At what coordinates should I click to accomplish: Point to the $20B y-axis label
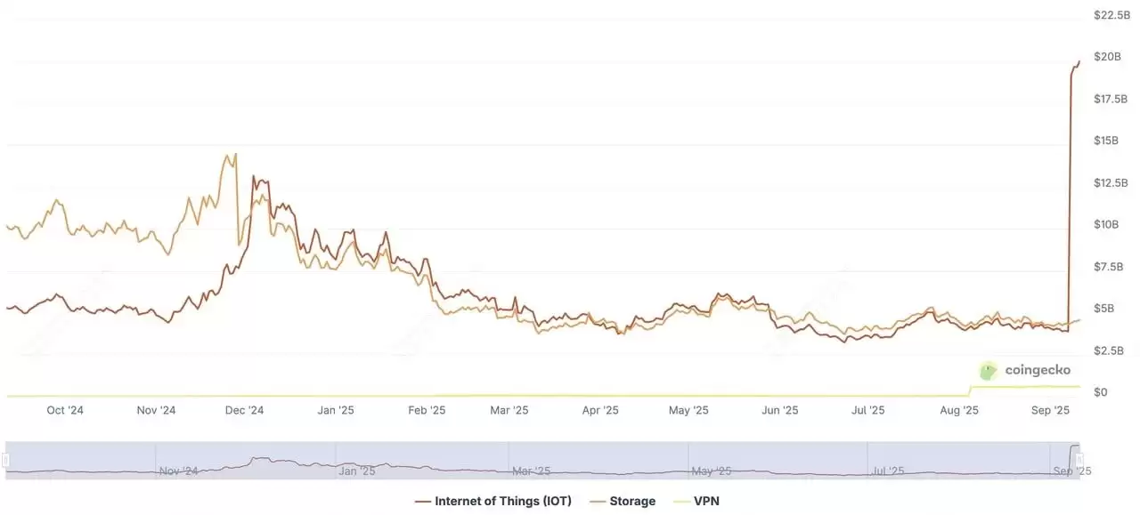(x=1108, y=57)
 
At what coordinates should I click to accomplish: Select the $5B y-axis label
(x=1104, y=309)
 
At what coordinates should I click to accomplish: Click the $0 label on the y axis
(x=1101, y=392)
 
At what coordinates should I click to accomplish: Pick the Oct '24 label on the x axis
(x=65, y=410)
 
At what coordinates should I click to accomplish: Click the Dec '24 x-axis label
(x=244, y=410)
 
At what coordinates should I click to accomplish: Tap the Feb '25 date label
(x=426, y=410)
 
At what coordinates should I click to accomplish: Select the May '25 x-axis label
(x=688, y=410)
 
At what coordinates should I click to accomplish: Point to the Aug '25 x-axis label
(x=959, y=410)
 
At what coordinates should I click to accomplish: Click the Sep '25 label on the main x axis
(x=1050, y=410)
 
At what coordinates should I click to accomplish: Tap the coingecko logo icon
(x=988, y=371)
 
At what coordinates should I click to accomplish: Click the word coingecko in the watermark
(x=1038, y=370)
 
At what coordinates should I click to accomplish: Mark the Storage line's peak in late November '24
(x=235, y=154)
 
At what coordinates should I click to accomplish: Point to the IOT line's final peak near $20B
(x=1079, y=61)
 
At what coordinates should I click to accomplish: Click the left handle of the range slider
(x=5, y=461)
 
